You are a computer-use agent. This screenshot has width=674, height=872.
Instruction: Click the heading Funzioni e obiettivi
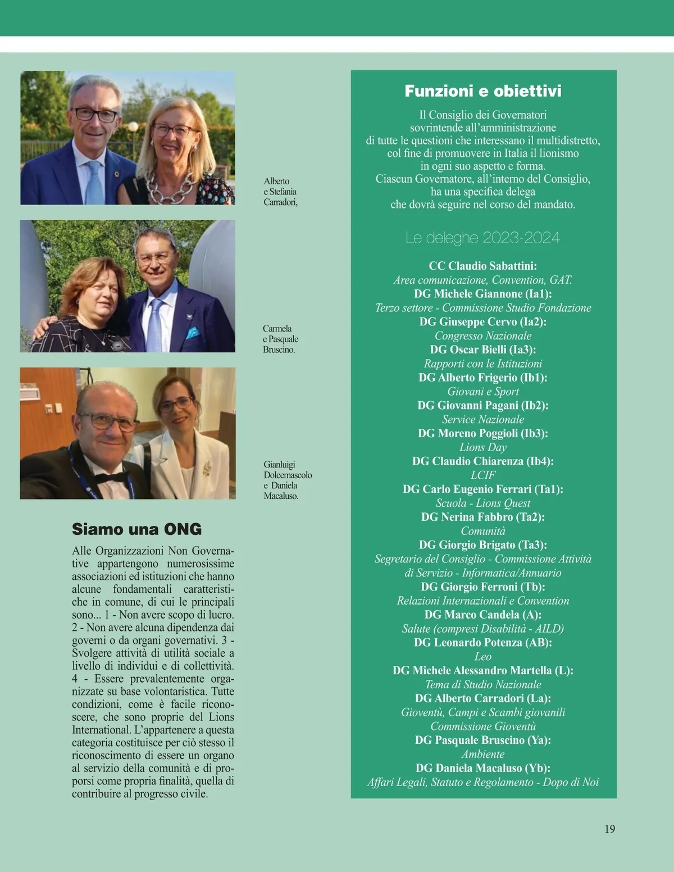coord(482,91)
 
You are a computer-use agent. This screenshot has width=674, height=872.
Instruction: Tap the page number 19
coord(610,829)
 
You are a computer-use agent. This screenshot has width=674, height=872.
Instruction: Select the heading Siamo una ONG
coord(136,529)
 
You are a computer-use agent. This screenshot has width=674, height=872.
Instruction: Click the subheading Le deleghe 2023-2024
coord(482,238)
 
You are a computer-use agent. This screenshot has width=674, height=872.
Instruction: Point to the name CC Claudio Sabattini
coord(482,266)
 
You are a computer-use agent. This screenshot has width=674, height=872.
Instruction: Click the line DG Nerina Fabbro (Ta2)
coord(482,517)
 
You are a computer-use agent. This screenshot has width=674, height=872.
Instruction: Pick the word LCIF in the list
coord(482,475)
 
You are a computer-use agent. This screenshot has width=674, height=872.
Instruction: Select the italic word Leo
coord(482,656)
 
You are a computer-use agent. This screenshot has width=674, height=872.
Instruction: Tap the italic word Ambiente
coord(482,754)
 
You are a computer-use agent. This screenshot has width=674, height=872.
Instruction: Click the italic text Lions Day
coord(482,447)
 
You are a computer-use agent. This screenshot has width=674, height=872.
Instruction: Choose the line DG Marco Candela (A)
coord(482,615)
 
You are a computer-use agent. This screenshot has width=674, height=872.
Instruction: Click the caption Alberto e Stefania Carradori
coord(280,192)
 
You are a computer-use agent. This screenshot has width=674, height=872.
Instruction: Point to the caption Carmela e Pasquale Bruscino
coord(280,339)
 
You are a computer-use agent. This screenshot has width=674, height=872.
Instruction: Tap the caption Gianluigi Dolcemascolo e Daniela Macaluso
coord(287,480)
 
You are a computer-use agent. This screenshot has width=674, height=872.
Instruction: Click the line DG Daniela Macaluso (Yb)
coord(482,768)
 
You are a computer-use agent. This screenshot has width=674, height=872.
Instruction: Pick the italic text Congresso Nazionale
coord(482,336)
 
